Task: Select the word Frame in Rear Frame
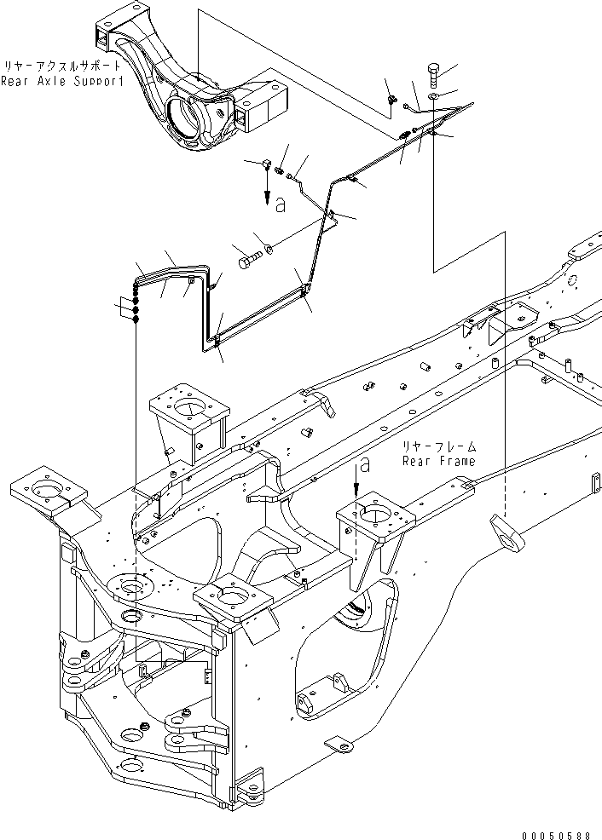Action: (454, 461)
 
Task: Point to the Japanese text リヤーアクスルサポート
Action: (61, 66)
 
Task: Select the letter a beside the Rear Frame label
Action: (365, 464)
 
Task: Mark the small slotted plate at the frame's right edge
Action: (588, 481)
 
